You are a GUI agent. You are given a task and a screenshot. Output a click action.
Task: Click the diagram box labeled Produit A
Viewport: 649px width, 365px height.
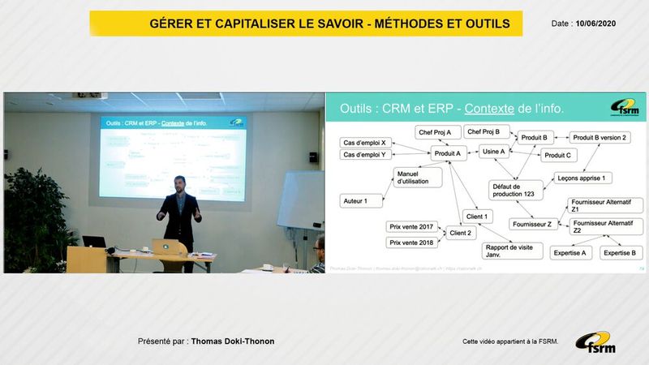click(x=448, y=152)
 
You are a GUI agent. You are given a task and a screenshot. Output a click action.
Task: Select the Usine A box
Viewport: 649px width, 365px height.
click(x=493, y=151)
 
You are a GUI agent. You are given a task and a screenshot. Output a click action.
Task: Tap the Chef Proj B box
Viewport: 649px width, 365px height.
click(x=488, y=131)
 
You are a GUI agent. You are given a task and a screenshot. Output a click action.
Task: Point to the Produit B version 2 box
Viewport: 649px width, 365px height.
click(x=600, y=138)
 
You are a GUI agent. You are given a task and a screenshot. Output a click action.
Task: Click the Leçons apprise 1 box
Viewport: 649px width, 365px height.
click(x=583, y=178)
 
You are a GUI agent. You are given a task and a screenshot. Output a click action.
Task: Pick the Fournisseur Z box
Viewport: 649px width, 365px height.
click(x=532, y=224)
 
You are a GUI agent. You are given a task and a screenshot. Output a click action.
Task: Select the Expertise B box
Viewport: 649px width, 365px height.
click(x=622, y=253)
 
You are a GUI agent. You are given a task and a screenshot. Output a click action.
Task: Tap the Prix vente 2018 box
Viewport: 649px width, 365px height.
click(x=411, y=243)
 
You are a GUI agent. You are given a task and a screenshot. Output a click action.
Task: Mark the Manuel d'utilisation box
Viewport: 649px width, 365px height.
click(x=417, y=178)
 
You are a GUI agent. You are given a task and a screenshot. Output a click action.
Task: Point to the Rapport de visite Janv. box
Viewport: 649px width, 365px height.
click(x=509, y=251)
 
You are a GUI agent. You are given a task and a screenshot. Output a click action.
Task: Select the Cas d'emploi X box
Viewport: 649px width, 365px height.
click(x=365, y=143)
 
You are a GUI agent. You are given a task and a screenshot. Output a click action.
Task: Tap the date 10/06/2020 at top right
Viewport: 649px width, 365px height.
click(x=596, y=24)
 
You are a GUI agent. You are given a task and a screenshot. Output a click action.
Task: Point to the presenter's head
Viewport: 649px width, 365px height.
click(x=180, y=182)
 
